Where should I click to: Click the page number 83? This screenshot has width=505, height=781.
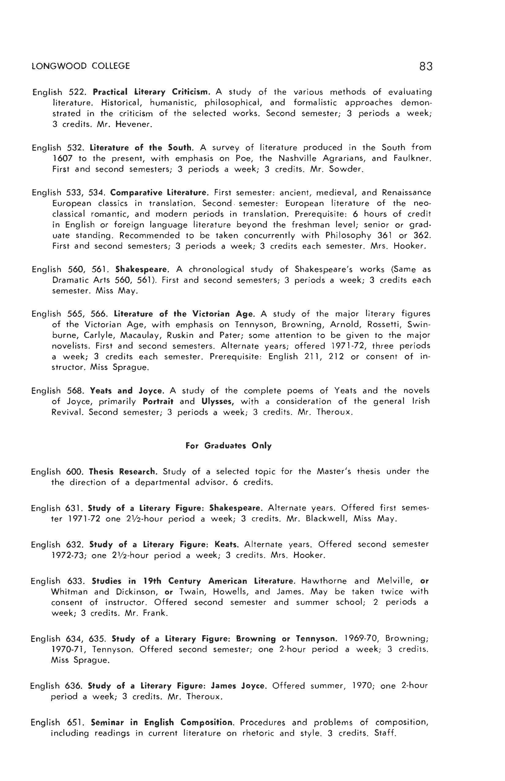click(426, 67)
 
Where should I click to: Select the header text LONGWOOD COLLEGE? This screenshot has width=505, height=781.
click(81, 66)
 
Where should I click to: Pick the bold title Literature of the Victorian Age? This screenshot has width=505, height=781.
click(184, 314)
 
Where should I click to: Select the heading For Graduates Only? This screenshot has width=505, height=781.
click(229, 446)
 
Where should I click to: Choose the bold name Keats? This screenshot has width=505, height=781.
click(226, 545)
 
